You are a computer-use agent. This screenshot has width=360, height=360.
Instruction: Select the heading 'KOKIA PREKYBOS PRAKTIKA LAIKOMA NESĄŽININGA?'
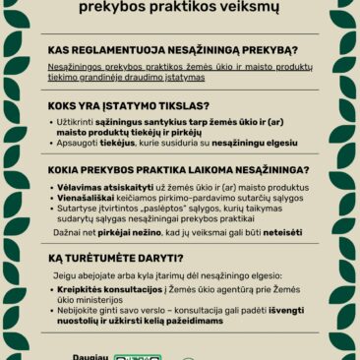pyautogui.click(x=178, y=169)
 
